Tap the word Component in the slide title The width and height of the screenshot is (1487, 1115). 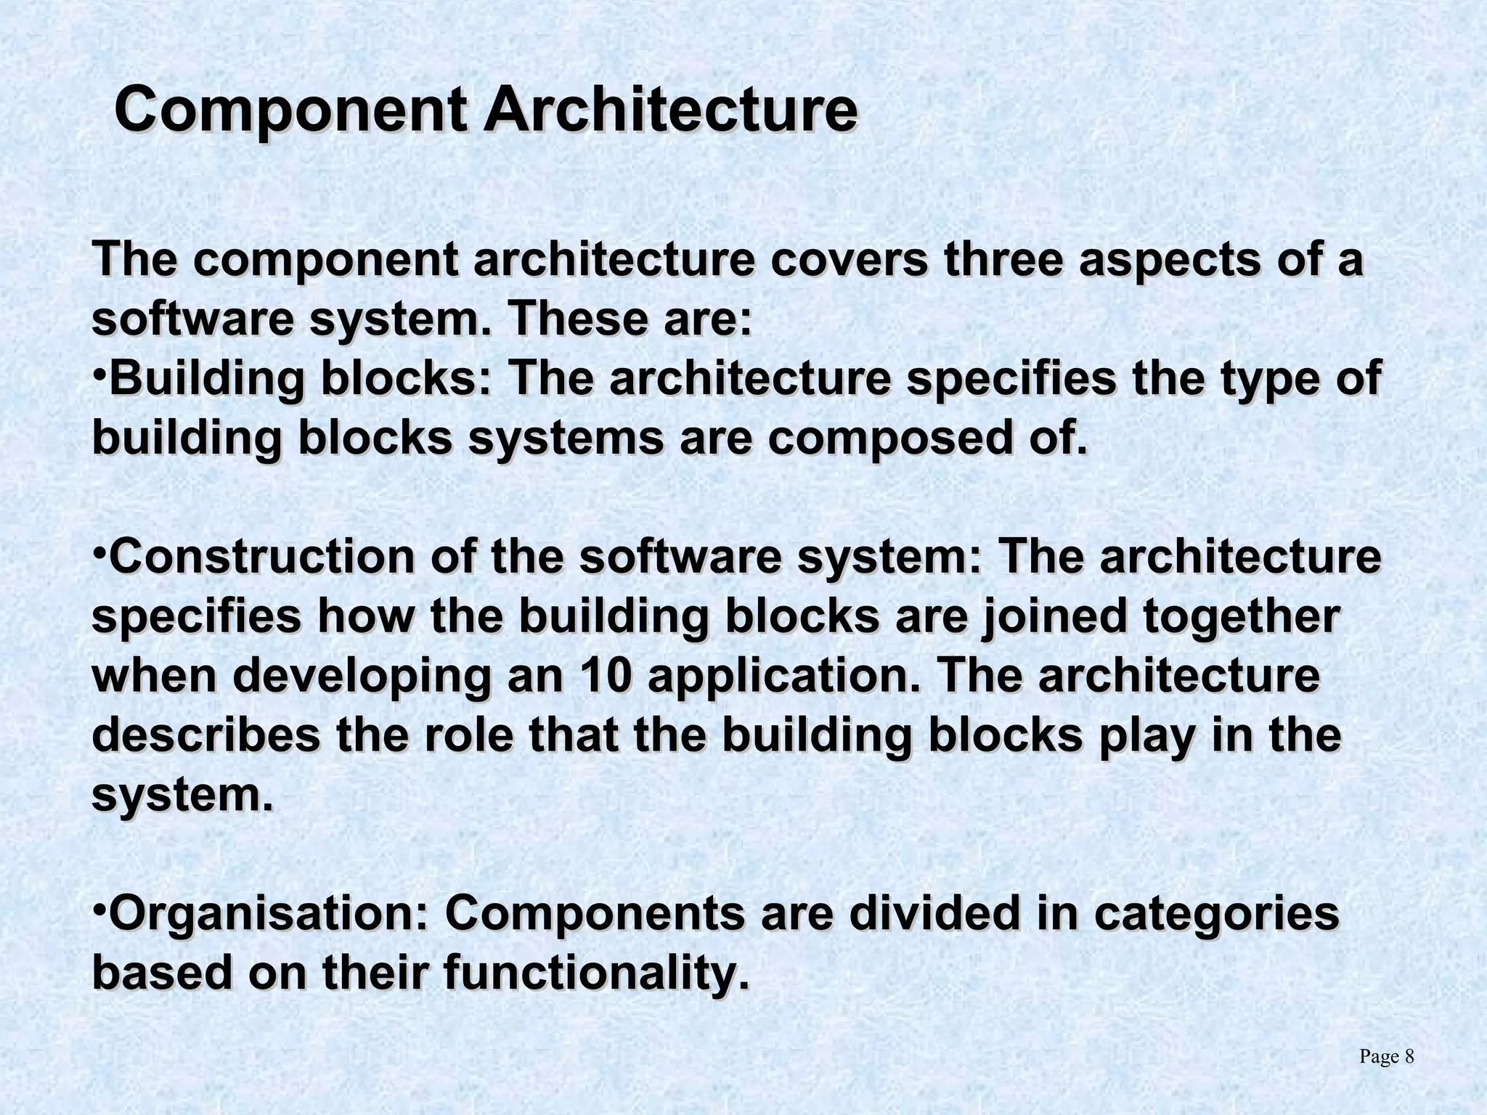[x=290, y=110]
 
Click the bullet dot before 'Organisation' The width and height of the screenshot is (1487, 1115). [x=100, y=904]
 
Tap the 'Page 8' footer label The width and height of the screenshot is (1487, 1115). [x=1386, y=1057]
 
